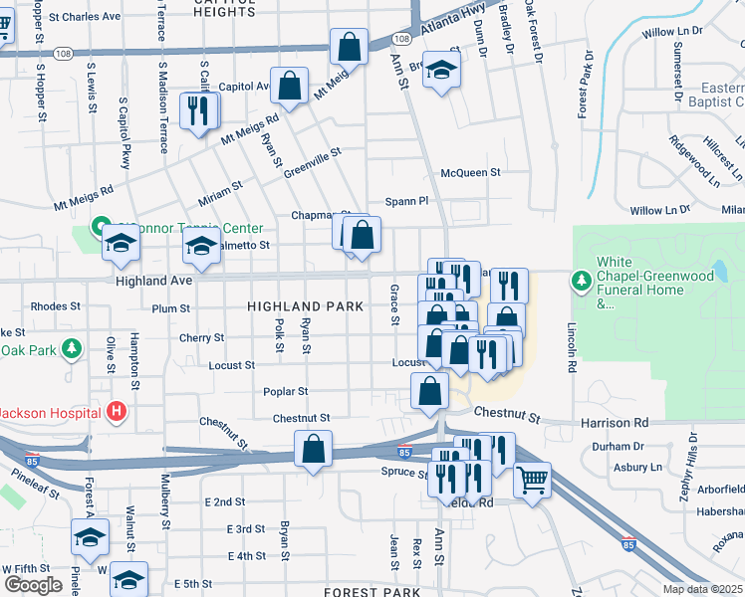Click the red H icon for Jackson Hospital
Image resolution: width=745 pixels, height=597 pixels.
tap(117, 410)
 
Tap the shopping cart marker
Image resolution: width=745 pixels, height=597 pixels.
tap(533, 481)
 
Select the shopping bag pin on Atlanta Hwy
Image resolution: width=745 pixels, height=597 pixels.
tap(350, 46)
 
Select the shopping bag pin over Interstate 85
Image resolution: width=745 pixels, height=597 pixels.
tap(313, 449)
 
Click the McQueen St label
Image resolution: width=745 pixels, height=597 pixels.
tap(470, 172)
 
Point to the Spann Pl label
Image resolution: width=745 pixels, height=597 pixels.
tap(406, 200)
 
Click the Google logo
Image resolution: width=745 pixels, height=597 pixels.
tap(33, 584)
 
